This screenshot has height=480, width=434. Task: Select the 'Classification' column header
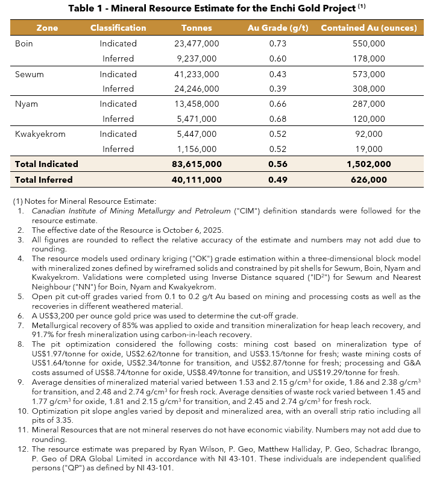pyautogui.click(x=118, y=28)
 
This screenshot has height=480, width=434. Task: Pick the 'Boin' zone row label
pyautogui.click(x=24, y=43)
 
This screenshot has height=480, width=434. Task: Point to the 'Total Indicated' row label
pyautogui.click(x=46, y=164)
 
